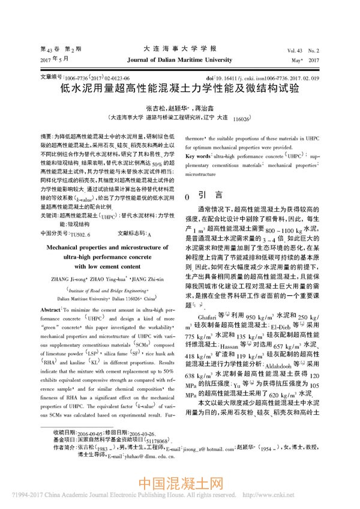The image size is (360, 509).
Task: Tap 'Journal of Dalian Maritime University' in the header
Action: click(x=179, y=60)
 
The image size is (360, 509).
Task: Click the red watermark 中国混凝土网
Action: click(x=180, y=485)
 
